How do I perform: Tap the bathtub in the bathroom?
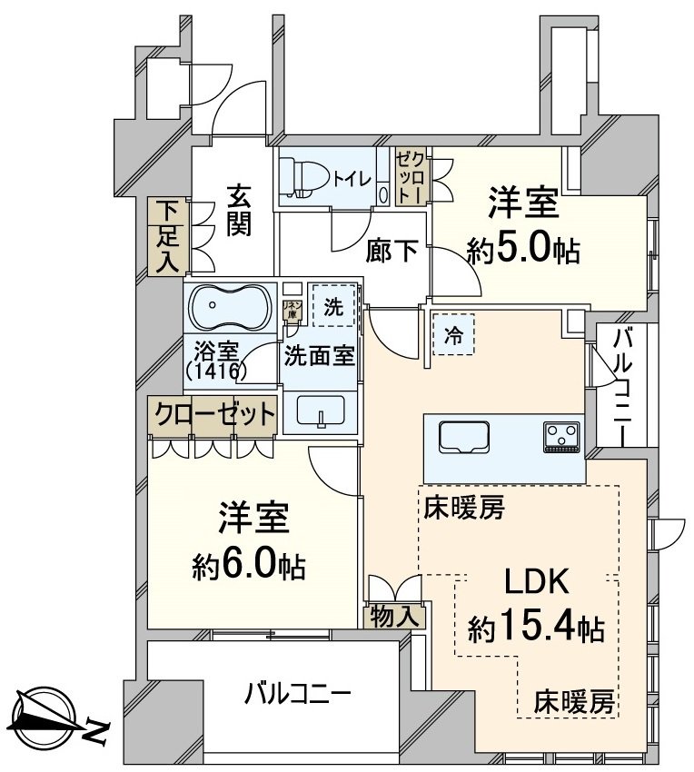pyautogui.click(x=228, y=308)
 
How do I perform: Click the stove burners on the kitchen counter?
pyautogui.click(x=562, y=437)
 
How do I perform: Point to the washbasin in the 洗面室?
pyautogui.click(x=322, y=414)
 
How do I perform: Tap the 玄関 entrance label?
pyautogui.click(x=238, y=210)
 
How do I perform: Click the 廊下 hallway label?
pyautogui.click(x=392, y=250)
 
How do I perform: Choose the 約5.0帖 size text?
pyautogui.click(x=523, y=248)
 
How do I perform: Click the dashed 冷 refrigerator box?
pyautogui.click(x=452, y=334)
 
